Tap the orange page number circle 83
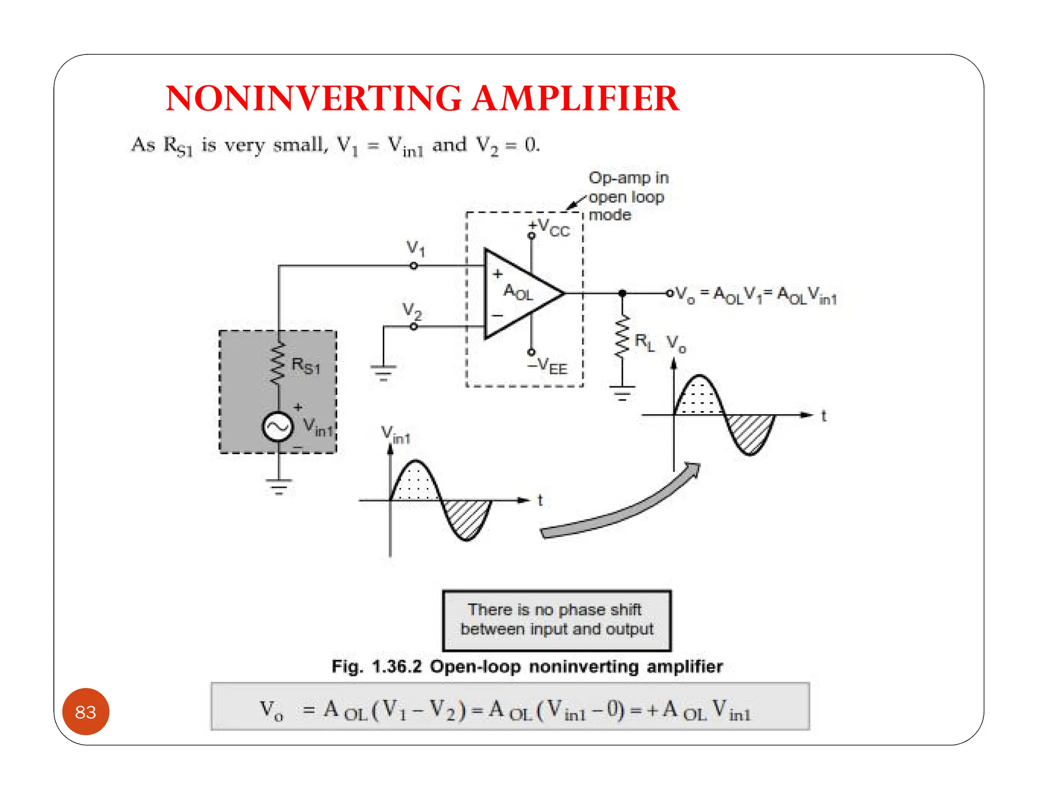[x=86, y=712]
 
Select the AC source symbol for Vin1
[x=277, y=426]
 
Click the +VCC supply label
[x=549, y=228]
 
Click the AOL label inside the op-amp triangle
[x=517, y=293]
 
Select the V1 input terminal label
[x=416, y=248]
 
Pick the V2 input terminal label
[x=412, y=310]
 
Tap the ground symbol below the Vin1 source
[x=278, y=486]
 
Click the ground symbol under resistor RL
[x=622, y=393]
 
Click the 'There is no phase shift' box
[x=557, y=620]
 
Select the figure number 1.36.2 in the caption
[x=396, y=667]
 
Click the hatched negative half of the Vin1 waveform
[x=467, y=518]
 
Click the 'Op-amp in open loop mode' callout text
[x=627, y=196]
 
